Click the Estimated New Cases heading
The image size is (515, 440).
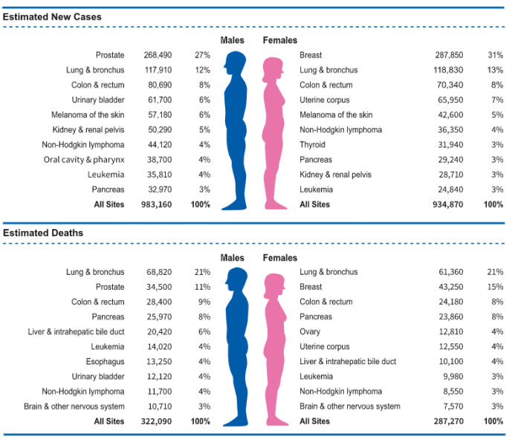[x=52, y=17]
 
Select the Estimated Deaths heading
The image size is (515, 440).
[x=43, y=233]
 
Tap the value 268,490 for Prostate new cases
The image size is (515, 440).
[x=158, y=55]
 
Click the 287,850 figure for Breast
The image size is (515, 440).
[x=449, y=55]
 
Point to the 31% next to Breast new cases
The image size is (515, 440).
[x=495, y=55]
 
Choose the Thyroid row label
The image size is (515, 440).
[x=312, y=145]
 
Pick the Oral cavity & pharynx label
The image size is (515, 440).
[x=84, y=160]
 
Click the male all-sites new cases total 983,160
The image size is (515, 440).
[x=156, y=204]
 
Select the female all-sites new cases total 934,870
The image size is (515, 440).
[x=447, y=204]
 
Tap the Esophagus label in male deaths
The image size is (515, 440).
[x=105, y=362]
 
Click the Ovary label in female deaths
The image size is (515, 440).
[x=310, y=332]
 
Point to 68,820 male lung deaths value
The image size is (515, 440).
[x=159, y=272]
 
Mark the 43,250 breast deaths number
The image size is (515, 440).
[x=451, y=287]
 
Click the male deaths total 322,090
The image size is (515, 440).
[x=156, y=421]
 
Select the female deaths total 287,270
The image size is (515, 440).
[x=448, y=421]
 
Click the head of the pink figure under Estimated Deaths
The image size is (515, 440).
[x=274, y=285]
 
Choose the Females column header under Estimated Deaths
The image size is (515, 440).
[x=280, y=258]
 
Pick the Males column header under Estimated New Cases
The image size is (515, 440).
[x=232, y=40]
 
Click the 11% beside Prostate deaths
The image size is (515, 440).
[x=202, y=287]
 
